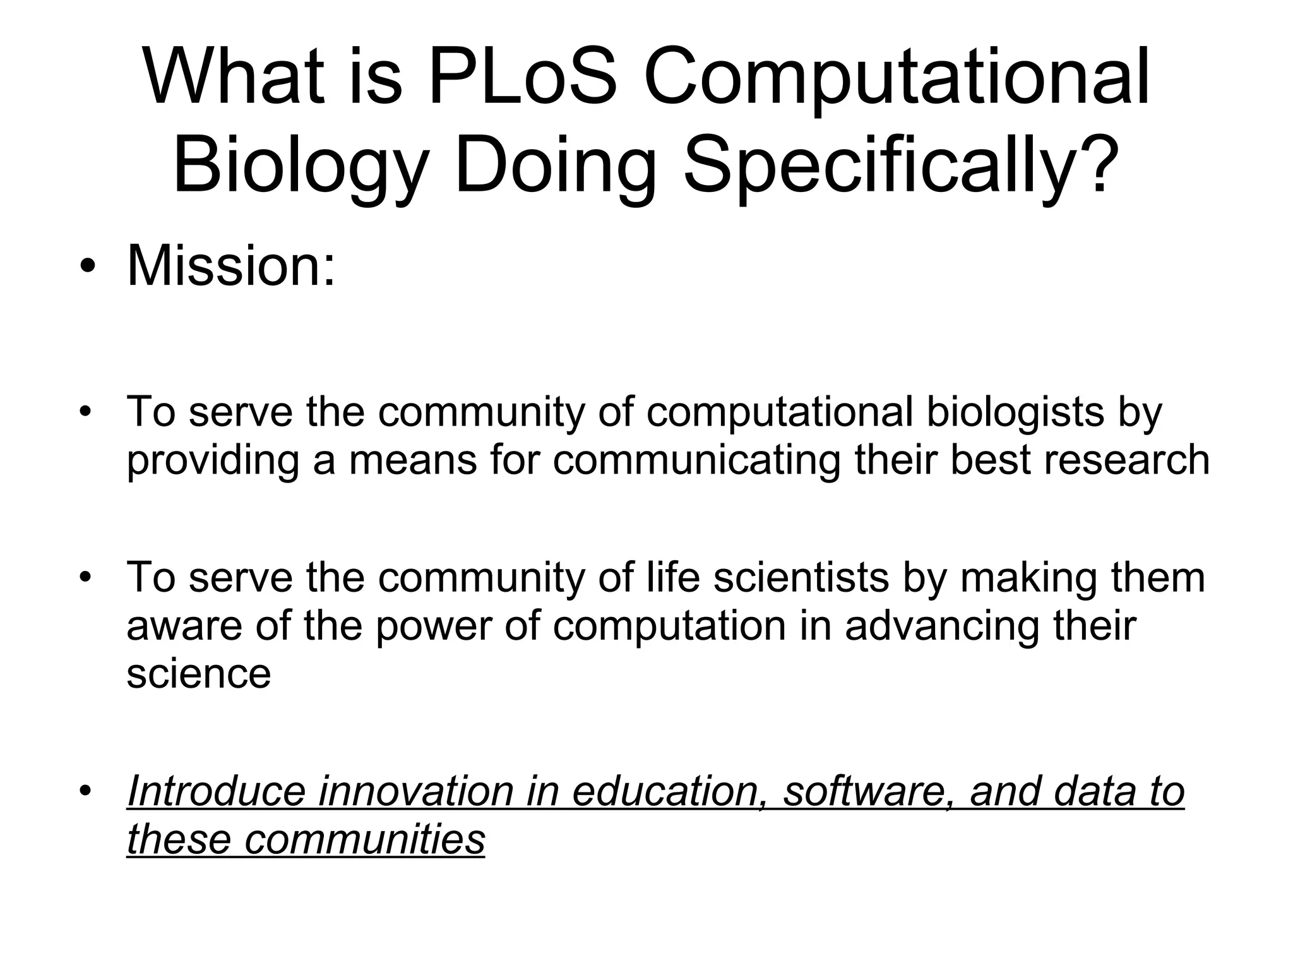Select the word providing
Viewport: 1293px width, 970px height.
pos(212,460)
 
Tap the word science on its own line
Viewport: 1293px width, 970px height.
pos(198,674)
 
